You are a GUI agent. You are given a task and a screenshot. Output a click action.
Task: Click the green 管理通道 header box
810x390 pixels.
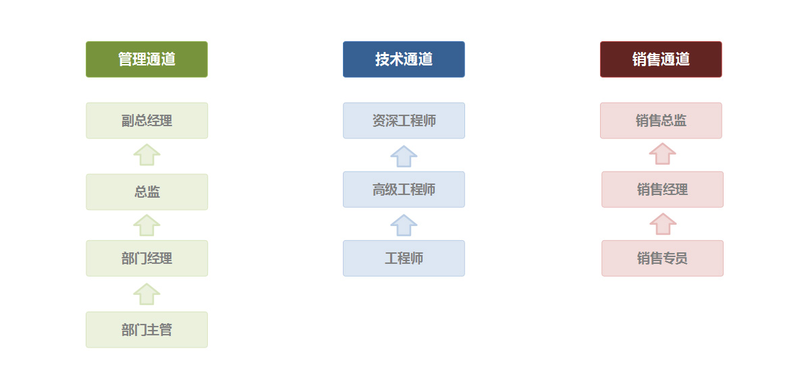click(147, 59)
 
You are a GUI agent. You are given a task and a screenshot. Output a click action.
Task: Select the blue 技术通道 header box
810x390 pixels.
click(404, 59)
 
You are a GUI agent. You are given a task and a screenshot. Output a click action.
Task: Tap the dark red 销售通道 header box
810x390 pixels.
click(661, 59)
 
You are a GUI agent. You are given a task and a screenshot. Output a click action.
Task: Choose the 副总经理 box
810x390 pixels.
click(147, 121)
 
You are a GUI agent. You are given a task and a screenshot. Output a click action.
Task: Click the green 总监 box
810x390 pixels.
click(147, 192)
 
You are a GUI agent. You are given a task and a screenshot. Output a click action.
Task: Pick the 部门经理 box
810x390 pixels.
click(147, 258)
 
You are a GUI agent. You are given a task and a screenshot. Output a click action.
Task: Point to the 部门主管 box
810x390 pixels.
click(147, 330)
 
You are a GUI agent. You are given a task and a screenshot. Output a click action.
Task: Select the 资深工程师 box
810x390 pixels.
click(404, 121)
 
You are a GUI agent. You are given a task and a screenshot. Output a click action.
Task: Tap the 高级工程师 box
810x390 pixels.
click(404, 190)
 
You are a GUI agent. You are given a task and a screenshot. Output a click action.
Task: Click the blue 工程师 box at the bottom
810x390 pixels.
click(404, 258)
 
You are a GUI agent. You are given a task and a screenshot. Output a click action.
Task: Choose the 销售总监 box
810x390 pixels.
click(661, 121)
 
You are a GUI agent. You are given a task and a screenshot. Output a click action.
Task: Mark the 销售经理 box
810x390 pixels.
click(662, 190)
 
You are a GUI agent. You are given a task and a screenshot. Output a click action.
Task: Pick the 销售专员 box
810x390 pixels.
click(662, 258)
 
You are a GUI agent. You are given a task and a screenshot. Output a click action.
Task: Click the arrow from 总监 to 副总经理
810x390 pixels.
click(147, 155)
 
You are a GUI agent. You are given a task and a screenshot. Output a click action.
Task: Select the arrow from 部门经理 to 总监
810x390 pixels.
click(147, 226)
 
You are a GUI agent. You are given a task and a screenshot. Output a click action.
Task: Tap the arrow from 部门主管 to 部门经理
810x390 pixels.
click(147, 295)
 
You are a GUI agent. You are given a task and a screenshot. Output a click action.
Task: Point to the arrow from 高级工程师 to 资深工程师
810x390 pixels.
click(404, 157)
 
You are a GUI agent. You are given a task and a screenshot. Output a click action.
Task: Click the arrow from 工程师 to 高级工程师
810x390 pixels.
click(404, 226)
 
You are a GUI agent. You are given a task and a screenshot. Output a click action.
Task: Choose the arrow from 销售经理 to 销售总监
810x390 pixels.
click(662, 155)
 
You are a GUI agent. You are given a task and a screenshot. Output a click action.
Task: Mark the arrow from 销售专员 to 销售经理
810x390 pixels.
click(663, 225)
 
